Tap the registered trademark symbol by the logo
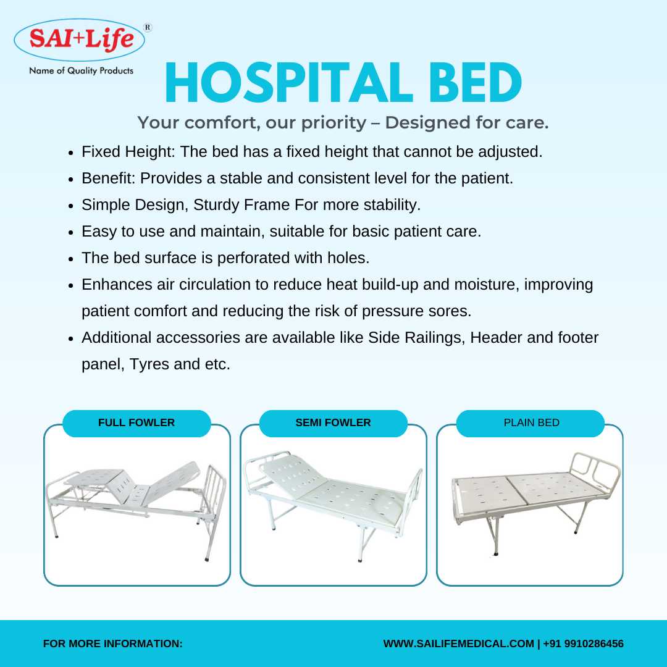pos(148,28)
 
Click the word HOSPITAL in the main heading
pos(288,83)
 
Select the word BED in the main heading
pos(475,83)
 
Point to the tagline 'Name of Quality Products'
pos(82,70)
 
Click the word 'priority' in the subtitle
pos(333,122)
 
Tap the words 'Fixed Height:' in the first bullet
pos(128,151)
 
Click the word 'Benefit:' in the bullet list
pos(109,178)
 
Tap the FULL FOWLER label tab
pos(136,423)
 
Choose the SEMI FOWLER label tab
pos(333,423)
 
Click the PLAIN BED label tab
pos(531,423)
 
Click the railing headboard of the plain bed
pos(595,469)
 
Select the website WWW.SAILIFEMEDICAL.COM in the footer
pos(458,644)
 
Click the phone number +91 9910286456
pos(583,644)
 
